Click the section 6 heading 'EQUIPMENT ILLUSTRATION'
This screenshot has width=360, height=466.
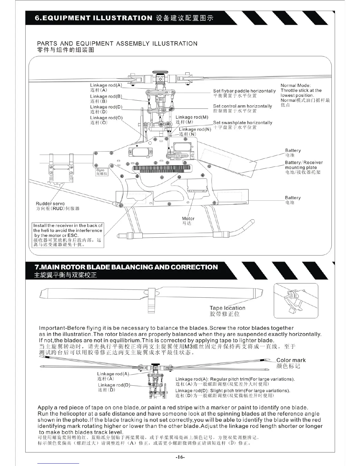(x=94, y=18)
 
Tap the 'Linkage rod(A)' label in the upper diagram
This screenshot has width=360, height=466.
(x=106, y=86)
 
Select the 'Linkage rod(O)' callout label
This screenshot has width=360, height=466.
(x=106, y=118)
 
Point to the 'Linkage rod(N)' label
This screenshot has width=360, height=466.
(x=195, y=129)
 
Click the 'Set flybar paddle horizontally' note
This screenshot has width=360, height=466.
(x=244, y=91)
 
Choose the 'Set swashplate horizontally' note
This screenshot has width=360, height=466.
(x=243, y=123)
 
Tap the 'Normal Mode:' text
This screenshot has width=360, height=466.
(x=295, y=86)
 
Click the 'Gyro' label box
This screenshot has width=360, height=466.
(x=100, y=172)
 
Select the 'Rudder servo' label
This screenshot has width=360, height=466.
(x=50, y=204)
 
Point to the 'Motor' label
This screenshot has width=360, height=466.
(x=188, y=219)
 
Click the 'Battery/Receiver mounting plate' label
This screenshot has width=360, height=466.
(x=304, y=165)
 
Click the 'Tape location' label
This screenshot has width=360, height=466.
(x=227, y=308)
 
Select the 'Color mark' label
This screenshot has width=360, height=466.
(x=291, y=360)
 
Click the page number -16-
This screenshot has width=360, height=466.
(x=180, y=457)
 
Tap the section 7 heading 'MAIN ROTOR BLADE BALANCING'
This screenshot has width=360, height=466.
(x=126, y=267)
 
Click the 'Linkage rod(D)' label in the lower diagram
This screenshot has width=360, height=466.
(x=114, y=385)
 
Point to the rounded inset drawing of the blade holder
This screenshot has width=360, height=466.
(x=296, y=301)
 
